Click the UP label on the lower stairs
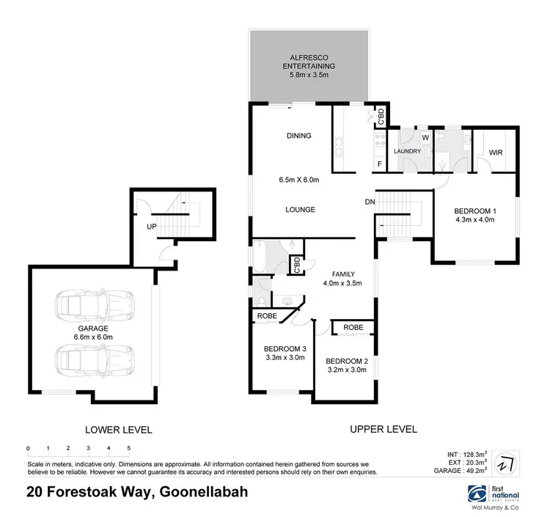tap(152, 226)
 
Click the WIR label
tap(495, 152)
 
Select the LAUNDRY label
tap(408, 152)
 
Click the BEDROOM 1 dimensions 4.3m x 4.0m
tap(476, 219)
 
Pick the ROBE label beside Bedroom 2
tap(353, 327)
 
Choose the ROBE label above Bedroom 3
tap(267, 316)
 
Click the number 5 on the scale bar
tap(129, 448)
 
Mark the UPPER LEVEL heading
tap(384, 429)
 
